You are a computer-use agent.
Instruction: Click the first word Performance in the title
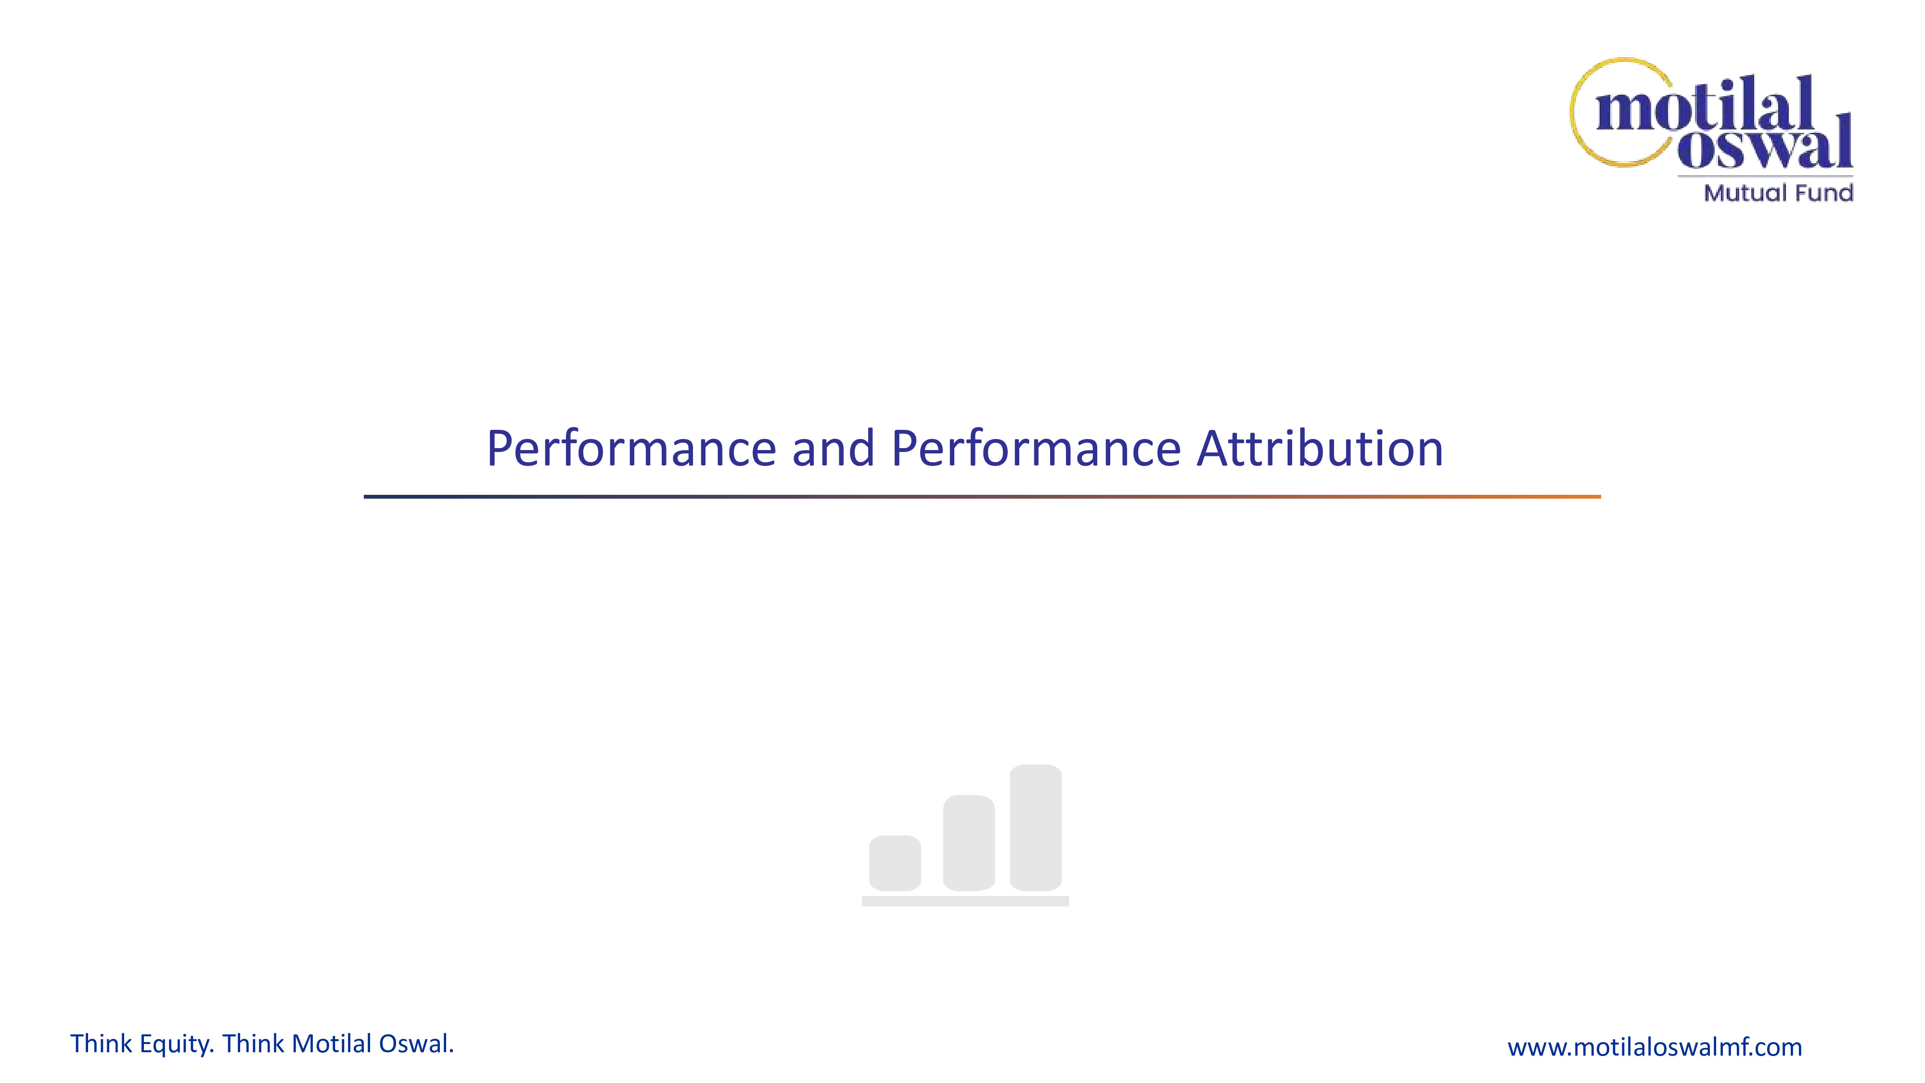click(631, 449)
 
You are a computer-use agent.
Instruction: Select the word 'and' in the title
click(833, 449)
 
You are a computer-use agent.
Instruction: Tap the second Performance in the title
click(1037, 449)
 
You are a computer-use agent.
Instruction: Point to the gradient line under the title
click(982, 496)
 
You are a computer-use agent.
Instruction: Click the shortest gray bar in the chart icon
click(895, 863)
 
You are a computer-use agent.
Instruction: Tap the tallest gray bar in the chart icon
click(1035, 828)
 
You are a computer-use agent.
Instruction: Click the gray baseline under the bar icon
click(965, 902)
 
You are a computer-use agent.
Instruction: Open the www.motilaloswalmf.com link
click(1655, 1047)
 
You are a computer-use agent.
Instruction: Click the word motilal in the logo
click(1705, 104)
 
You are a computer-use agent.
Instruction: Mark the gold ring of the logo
click(1575, 112)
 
